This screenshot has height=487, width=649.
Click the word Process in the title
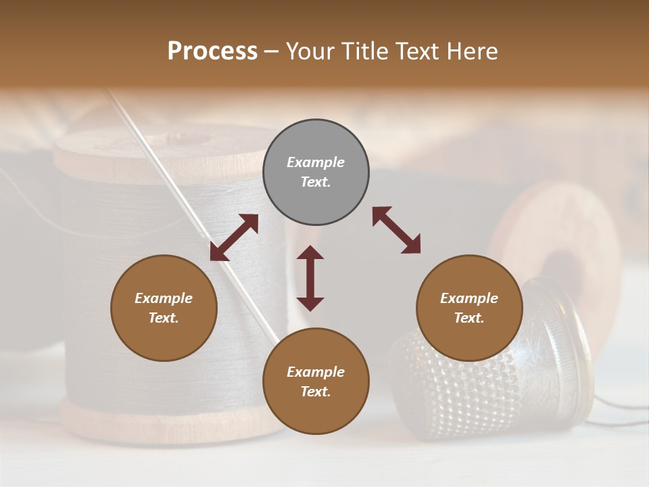click(212, 51)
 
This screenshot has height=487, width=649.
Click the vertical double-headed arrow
click(310, 278)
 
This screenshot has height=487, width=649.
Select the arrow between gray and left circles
click(234, 237)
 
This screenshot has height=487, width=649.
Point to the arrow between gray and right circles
click(396, 230)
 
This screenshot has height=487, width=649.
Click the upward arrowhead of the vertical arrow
click(310, 253)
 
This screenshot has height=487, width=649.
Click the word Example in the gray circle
click(316, 162)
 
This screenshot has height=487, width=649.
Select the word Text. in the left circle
click(164, 318)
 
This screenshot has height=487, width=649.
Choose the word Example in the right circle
click(469, 298)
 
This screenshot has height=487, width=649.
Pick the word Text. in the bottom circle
click(316, 392)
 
